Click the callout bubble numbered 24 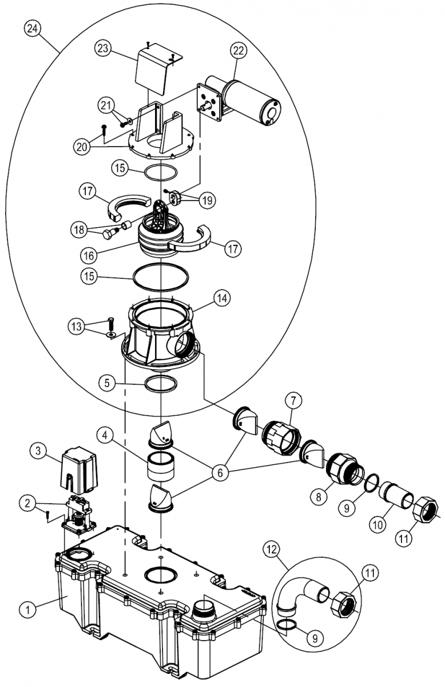pyautogui.click(x=33, y=29)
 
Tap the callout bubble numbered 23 pyautogui.click(x=104, y=49)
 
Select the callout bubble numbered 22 pyautogui.click(x=238, y=50)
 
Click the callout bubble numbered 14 pyautogui.click(x=222, y=298)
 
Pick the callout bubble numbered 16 pyautogui.click(x=89, y=255)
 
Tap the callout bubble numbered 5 pyautogui.click(x=107, y=383)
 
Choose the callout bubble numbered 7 pyautogui.click(x=293, y=400)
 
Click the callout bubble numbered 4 pyautogui.click(x=105, y=435)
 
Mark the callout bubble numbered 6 pyautogui.click(x=220, y=473)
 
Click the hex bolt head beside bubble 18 pyautogui.click(x=108, y=235)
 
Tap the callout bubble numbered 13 pyautogui.click(x=76, y=326)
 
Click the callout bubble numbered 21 pyautogui.click(x=106, y=106)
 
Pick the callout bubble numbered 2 pyautogui.click(x=28, y=503)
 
